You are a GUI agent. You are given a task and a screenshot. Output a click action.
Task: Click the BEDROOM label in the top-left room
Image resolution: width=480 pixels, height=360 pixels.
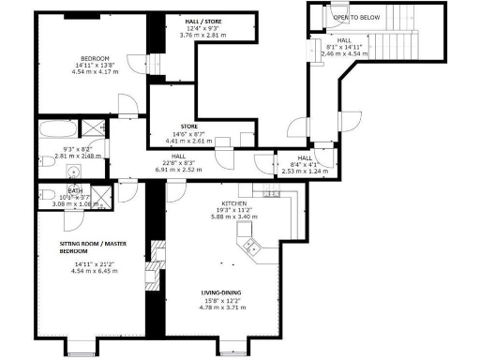(94, 57)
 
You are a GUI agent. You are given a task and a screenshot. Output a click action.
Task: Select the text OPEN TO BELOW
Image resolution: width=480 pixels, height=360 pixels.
(352, 17)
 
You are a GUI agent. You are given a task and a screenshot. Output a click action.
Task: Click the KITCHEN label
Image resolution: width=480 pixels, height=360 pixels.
(232, 203)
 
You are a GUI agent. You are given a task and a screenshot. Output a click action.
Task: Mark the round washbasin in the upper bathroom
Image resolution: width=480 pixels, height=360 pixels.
(73, 171)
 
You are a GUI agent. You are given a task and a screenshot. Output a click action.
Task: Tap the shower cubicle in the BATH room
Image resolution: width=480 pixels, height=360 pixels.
(106, 194)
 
